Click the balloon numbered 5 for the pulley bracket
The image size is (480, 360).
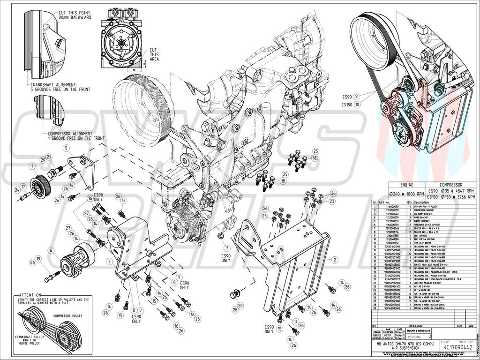[67, 148]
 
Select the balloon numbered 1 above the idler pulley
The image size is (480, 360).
[32, 165]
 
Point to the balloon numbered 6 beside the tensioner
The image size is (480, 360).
[50, 250]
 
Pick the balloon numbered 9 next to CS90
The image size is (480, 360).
[357, 96]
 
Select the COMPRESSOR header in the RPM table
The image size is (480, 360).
[451, 185]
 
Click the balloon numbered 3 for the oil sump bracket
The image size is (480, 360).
[109, 261]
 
